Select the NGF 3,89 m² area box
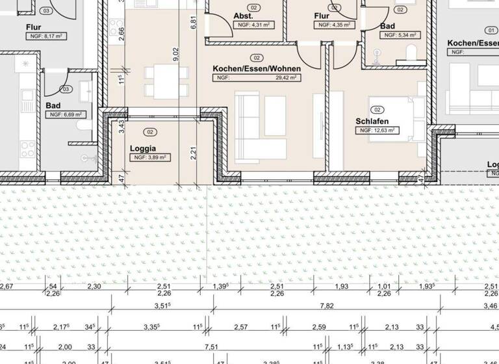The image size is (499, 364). point(151,157)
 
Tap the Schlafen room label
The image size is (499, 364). point(373,121)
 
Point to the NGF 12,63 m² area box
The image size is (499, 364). point(377,130)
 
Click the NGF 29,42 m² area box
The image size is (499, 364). point(256,77)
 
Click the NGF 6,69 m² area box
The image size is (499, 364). point(65,114)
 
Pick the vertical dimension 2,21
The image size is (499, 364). point(194,153)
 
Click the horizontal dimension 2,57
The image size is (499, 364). point(241,326)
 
